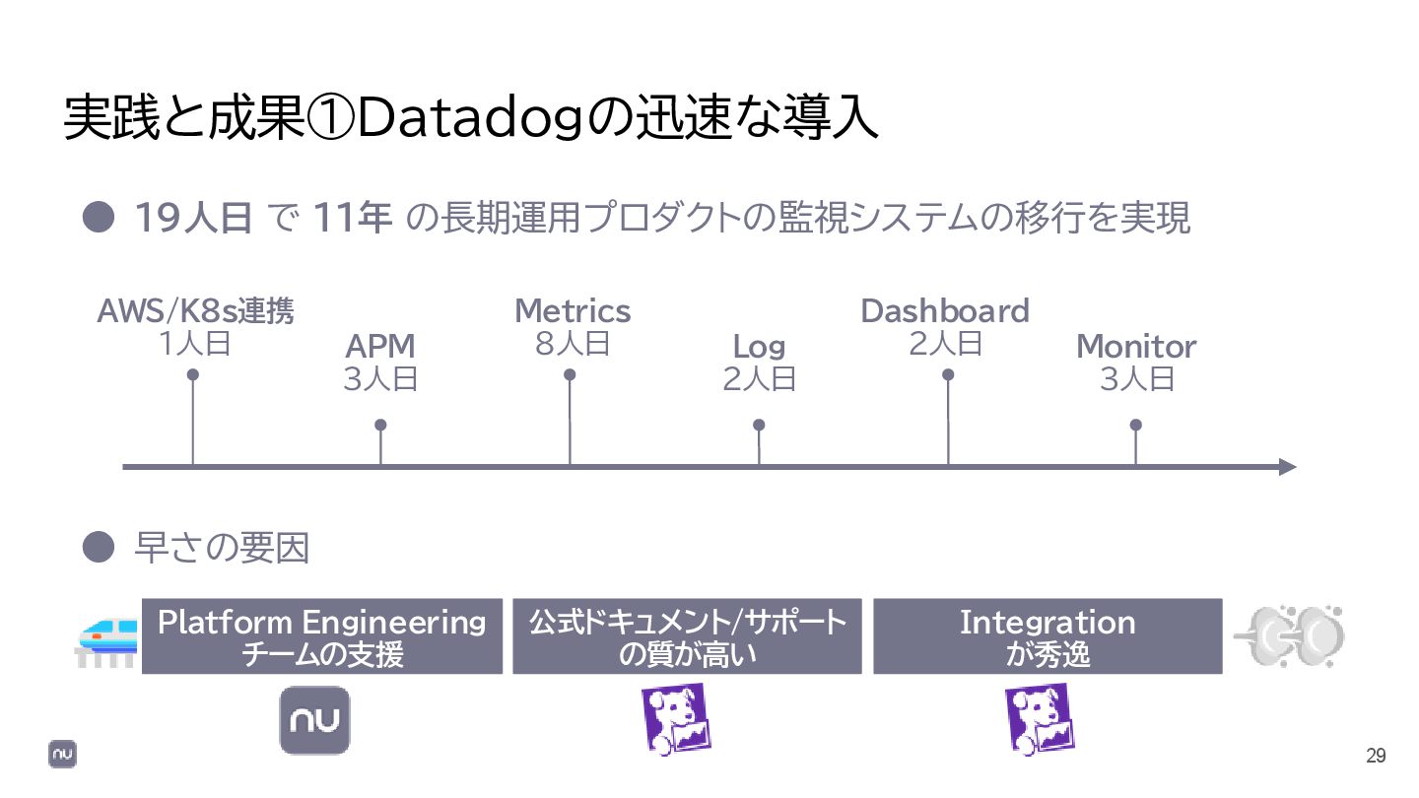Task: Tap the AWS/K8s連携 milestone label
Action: pos(195,311)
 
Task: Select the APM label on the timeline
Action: pos(380,347)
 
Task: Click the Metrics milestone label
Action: pos(573,311)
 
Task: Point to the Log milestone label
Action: pos(759,347)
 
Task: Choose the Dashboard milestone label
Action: pos(945,311)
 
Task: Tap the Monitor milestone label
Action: pos(1136,347)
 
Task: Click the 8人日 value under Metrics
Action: pos(573,344)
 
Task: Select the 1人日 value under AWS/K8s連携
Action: pos(194,344)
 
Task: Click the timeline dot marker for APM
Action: pos(380,425)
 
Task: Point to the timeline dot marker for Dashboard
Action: pos(948,374)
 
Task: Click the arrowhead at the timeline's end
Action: pos(1287,467)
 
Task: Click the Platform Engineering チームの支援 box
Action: pos(322,636)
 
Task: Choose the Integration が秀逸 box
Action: pos(1047,636)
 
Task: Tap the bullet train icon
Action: pos(108,641)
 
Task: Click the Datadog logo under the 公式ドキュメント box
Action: pos(676,719)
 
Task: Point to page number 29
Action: pos(1376,756)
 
